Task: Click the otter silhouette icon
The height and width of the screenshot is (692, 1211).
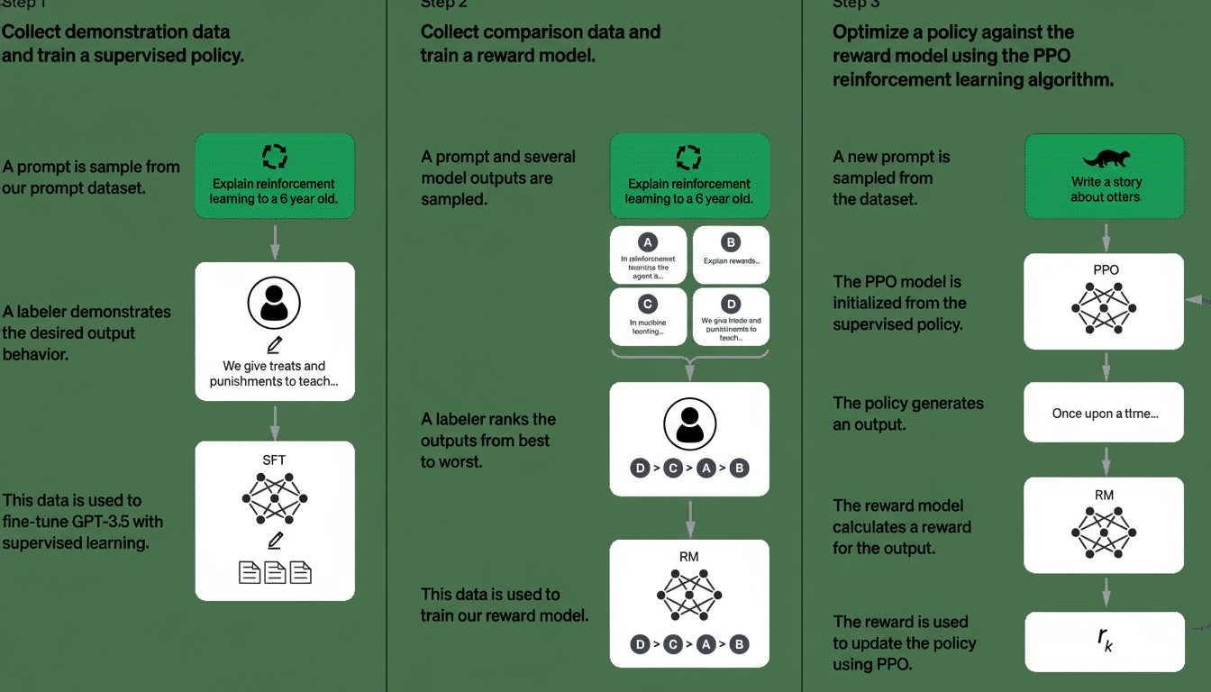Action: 1105,159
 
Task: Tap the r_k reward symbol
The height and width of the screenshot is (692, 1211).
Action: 1105,641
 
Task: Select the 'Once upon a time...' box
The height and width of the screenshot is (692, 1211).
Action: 1105,414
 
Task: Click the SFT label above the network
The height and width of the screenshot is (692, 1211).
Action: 274,460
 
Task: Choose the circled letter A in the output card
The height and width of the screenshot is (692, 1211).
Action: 647,241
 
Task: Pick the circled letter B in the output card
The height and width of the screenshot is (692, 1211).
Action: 731,241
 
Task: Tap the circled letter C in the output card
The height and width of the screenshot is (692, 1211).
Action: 647,304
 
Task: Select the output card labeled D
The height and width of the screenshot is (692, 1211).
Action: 731,316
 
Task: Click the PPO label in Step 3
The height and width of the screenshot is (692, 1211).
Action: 1105,269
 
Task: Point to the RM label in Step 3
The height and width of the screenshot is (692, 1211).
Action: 1105,494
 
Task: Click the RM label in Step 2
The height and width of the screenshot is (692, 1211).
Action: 689,557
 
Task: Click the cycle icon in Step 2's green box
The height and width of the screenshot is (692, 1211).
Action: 689,159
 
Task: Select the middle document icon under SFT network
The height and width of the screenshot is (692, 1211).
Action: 275,572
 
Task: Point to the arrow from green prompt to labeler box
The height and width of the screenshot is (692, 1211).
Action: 275,241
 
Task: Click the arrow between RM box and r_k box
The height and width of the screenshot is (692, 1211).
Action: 1105,593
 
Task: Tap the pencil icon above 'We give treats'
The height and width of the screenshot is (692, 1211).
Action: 275,345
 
